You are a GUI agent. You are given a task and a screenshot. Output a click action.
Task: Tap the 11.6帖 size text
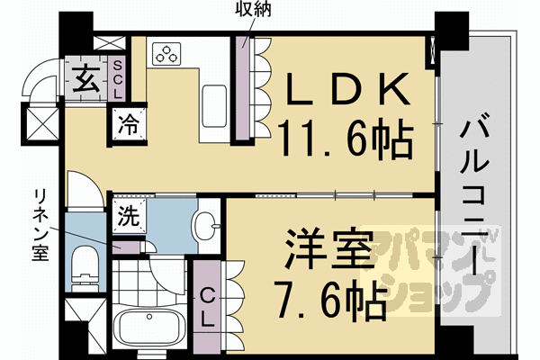pyautogui.click(x=346, y=141)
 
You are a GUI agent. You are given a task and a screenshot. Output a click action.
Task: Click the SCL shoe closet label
pyautogui.click(x=117, y=80)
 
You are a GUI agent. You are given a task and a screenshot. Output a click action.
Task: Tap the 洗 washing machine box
pyautogui.click(x=127, y=216)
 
